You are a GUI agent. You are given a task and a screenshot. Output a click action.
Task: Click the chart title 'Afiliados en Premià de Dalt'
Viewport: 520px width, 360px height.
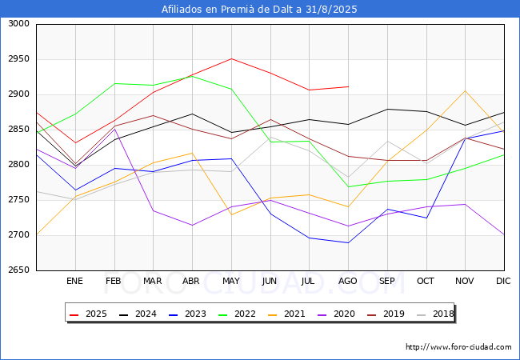(259, 10)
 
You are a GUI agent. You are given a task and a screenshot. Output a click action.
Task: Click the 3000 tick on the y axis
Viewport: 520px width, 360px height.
(19, 24)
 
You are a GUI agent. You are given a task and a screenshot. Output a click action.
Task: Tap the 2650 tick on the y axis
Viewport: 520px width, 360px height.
(19, 270)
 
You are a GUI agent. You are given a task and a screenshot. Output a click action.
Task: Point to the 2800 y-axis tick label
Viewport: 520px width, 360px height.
(19, 165)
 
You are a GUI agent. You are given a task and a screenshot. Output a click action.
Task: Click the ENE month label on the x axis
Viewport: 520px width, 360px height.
(74, 282)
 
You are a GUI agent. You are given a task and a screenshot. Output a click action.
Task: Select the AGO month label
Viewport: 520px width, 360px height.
(348, 282)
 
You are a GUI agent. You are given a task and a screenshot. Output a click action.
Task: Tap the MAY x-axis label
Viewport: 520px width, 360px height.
(231, 282)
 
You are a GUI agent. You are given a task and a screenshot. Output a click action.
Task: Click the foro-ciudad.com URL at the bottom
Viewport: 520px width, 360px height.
(458, 347)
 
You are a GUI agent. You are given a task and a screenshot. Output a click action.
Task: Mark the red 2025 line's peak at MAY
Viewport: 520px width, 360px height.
(231, 58)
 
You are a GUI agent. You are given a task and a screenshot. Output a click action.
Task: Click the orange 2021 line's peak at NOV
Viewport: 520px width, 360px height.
(465, 90)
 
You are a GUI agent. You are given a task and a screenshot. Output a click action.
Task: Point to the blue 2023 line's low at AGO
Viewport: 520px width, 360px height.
(348, 242)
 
